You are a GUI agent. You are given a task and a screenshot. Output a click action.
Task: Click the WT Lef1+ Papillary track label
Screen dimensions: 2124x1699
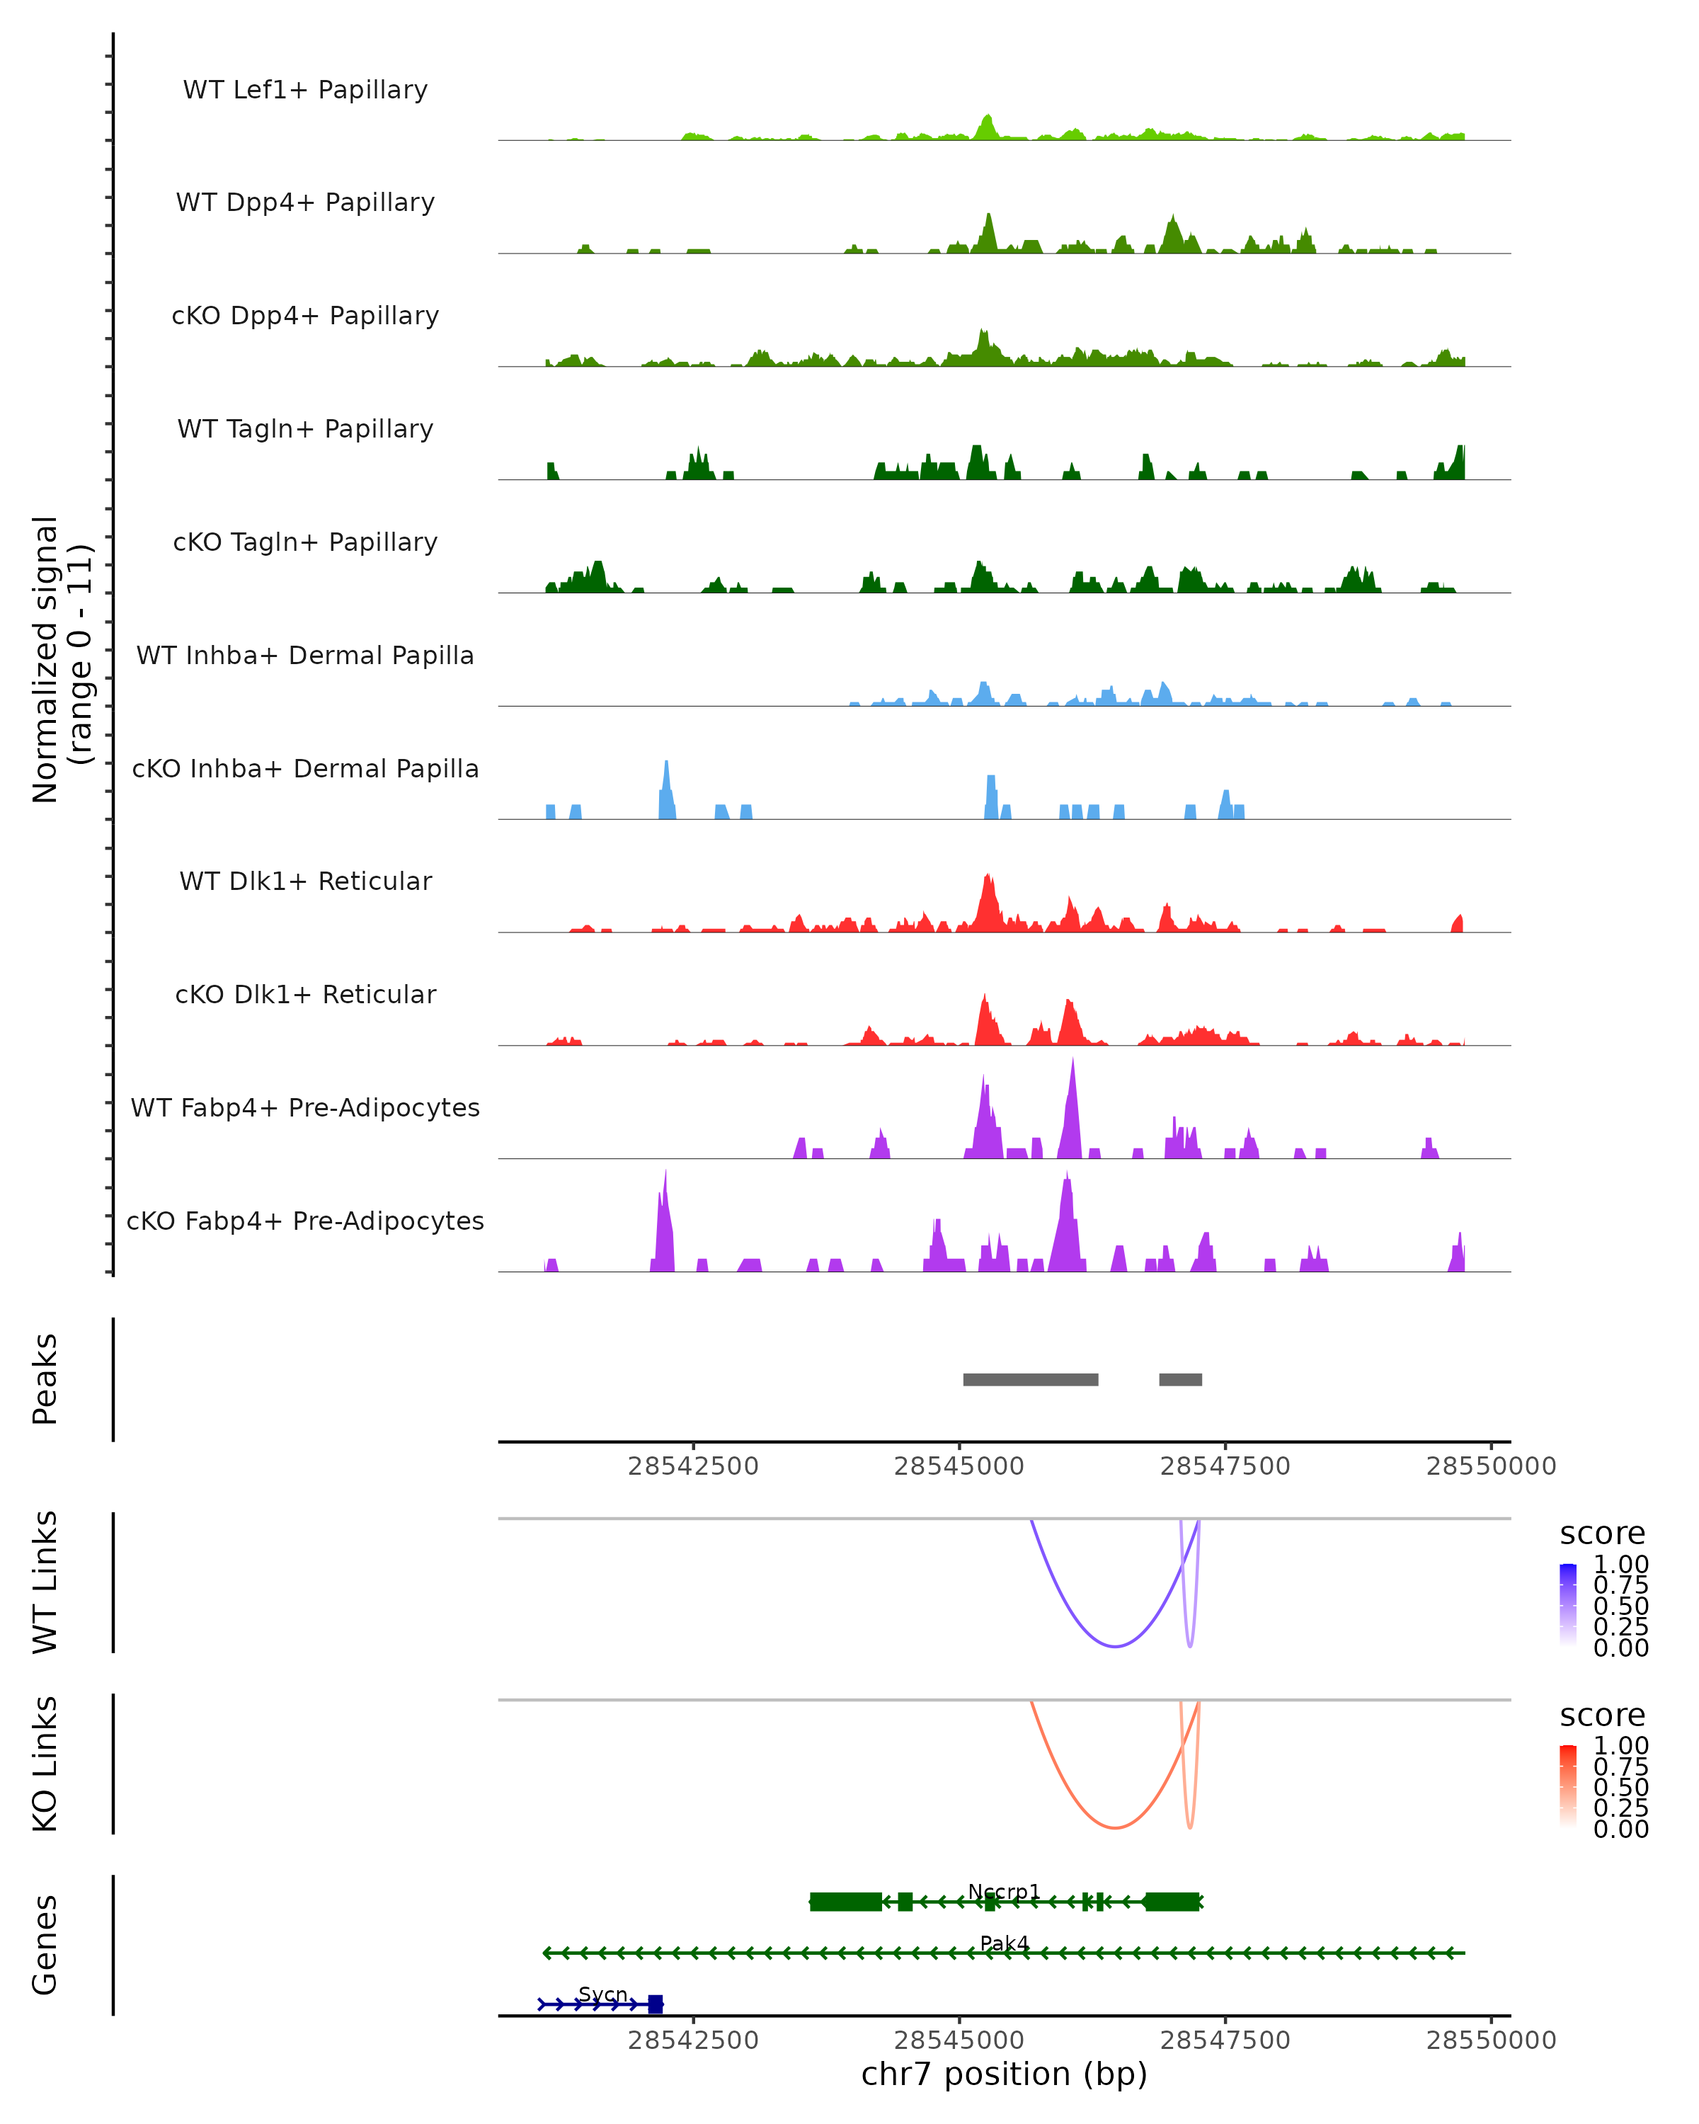pyautogui.click(x=305, y=90)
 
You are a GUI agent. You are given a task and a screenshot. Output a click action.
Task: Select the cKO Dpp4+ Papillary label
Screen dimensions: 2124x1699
pyautogui.click(x=305, y=315)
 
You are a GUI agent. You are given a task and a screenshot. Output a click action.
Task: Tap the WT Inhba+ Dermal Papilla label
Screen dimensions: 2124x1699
pyautogui.click(x=305, y=655)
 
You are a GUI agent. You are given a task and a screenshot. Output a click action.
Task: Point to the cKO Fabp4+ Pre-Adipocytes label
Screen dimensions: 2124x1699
pyautogui.click(x=305, y=1221)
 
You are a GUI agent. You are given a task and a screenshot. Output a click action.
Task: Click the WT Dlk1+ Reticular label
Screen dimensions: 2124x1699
pyautogui.click(x=305, y=881)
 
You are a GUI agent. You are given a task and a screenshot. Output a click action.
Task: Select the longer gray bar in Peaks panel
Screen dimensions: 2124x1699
pyautogui.click(x=1030, y=1379)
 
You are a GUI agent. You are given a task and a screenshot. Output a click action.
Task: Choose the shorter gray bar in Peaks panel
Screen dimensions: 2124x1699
pyautogui.click(x=1180, y=1379)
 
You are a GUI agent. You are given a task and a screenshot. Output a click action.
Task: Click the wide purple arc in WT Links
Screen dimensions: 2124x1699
pyautogui.click(x=1114, y=1646)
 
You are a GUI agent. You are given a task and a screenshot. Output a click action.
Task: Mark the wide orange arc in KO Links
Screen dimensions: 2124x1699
pyautogui.click(x=1114, y=1827)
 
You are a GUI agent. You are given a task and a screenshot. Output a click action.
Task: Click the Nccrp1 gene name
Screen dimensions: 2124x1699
pyautogui.click(x=1004, y=1892)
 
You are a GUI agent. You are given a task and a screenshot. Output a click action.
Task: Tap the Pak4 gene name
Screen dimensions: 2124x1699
pyautogui.click(x=1004, y=1943)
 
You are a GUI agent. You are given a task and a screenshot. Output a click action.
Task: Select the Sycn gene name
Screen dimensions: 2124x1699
pyautogui.click(x=602, y=1994)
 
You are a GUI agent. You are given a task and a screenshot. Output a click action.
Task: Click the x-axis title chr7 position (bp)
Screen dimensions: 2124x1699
pyautogui.click(x=1004, y=2074)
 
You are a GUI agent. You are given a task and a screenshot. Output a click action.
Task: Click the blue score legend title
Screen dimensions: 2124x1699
pyautogui.click(x=1601, y=1533)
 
